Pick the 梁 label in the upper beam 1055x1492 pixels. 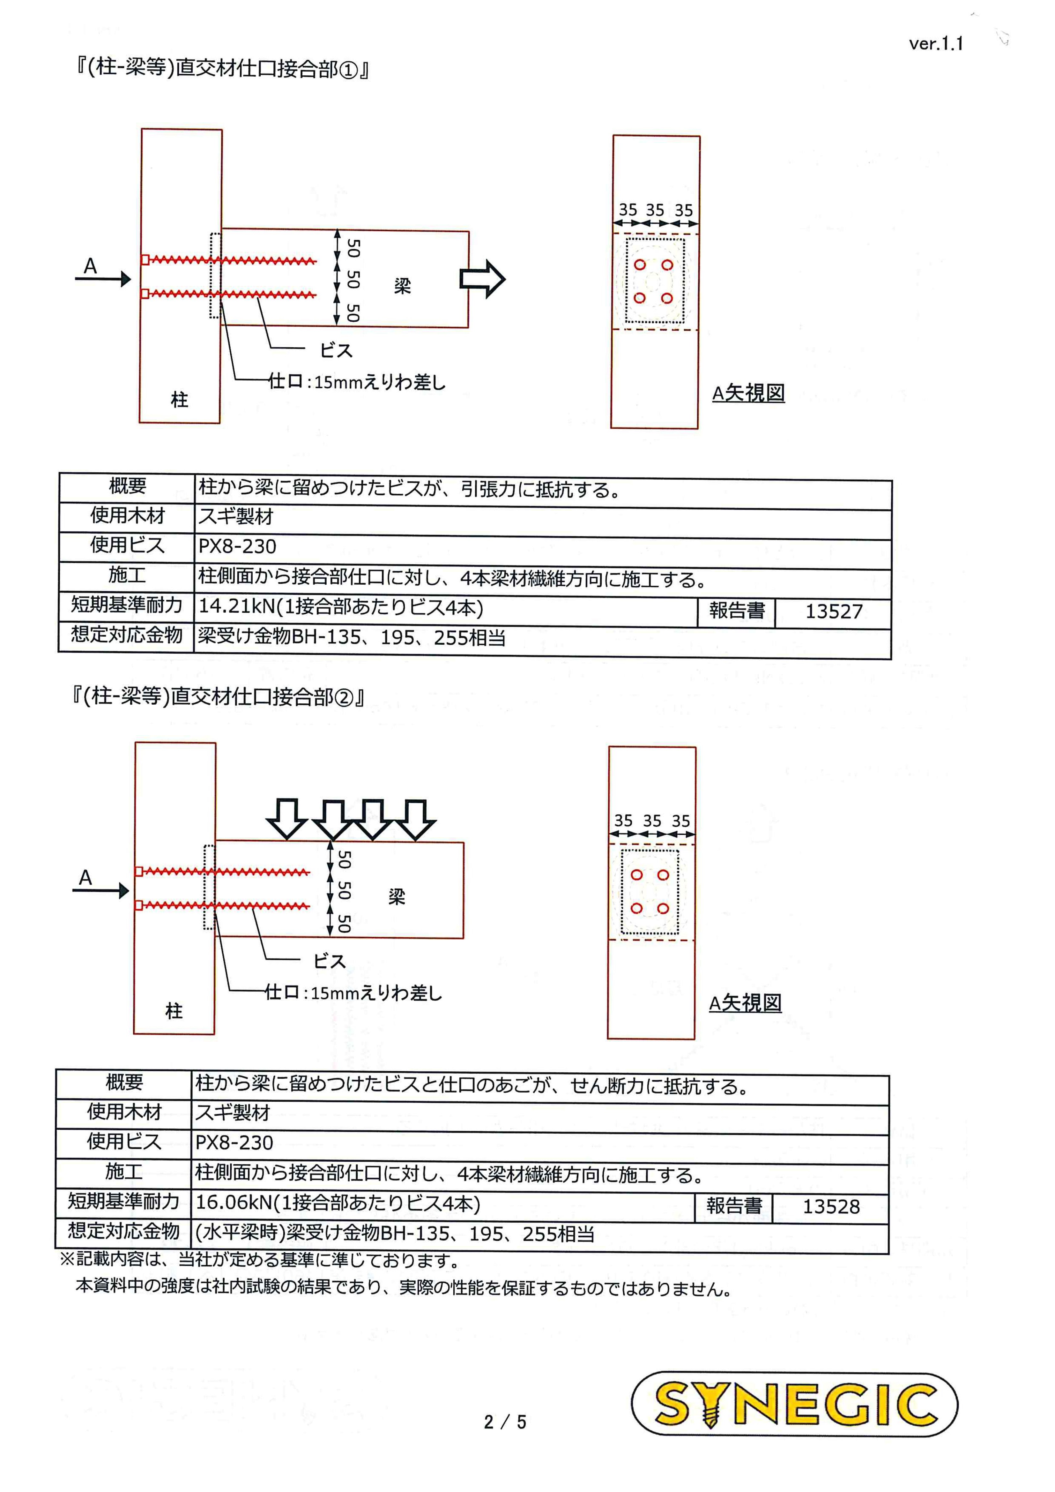(403, 286)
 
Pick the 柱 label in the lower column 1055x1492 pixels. (174, 1010)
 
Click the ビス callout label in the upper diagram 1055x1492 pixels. (337, 351)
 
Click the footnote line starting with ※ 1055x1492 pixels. (260, 1260)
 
